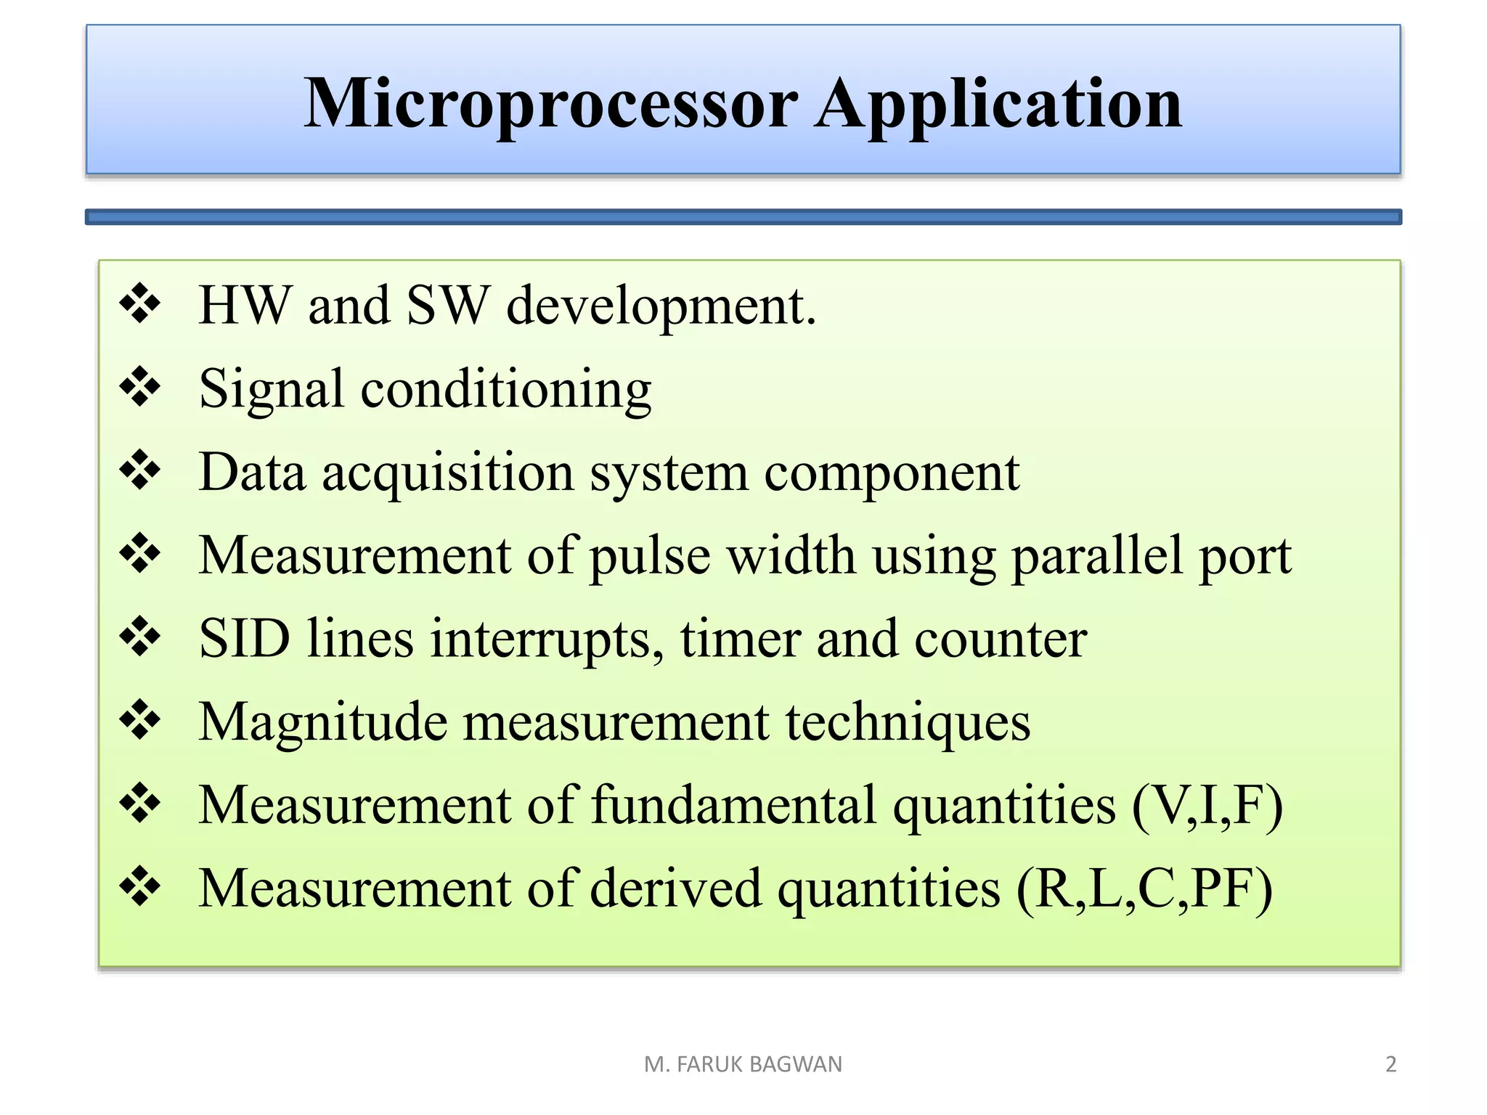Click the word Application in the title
(998, 105)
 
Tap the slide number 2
(1390, 1064)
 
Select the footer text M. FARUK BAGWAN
(743, 1064)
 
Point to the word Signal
(271, 389)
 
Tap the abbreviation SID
(245, 639)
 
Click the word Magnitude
(322, 723)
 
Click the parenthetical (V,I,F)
(1207, 806)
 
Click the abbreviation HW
(245, 306)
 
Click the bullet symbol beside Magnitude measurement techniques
(139, 720)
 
